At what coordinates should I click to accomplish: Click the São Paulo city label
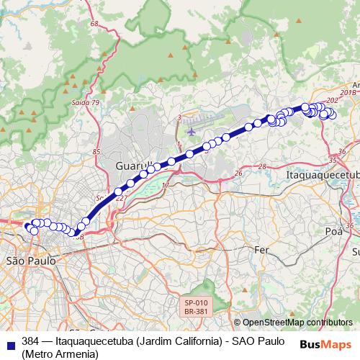tap(25, 260)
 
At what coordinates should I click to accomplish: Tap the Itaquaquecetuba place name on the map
tap(322, 175)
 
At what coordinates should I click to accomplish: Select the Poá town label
tap(333, 231)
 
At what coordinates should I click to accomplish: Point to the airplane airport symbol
tap(191, 132)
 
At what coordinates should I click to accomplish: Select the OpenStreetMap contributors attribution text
tap(297, 323)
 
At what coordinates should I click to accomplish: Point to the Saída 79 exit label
tap(86, 104)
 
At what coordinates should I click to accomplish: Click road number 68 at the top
tap(94, 24)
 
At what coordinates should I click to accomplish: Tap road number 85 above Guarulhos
tap(96, 152)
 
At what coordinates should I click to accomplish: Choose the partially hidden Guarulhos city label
tap(132, 166)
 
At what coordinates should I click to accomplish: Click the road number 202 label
tap(332, 100)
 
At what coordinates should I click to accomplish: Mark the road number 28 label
tap(262, 166)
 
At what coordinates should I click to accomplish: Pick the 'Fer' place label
tap(262, 249)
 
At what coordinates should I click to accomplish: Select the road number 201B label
tap(348, 93)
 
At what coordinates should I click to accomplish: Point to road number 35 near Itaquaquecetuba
tap(332, 160)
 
